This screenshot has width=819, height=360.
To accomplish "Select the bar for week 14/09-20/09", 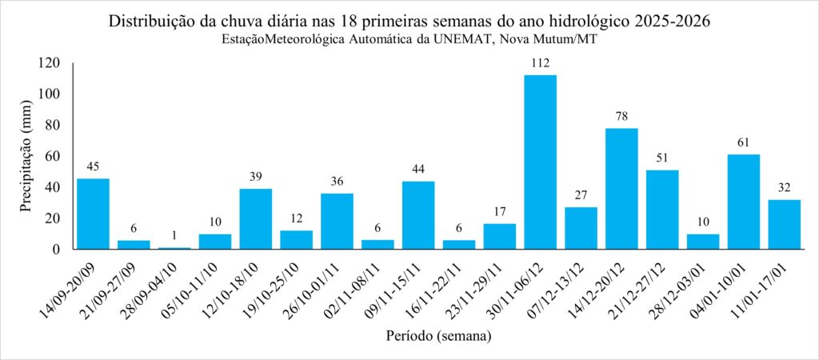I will (x=93, y=214).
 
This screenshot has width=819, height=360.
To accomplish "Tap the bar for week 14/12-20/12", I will (x=621, y=188).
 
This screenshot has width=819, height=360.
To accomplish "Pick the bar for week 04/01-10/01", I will (x=743, y=202).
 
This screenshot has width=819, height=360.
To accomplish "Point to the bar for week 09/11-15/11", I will (x=418, y=215).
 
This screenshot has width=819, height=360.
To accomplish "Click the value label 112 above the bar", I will (x=540, y=62).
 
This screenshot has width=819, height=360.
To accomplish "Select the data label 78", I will (x=621, y=116).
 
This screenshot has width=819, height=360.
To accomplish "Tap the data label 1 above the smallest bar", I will (x=174, y=236).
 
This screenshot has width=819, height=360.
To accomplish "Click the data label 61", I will (x=743, y=142).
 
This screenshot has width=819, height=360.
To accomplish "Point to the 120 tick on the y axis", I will (x=50, y=63).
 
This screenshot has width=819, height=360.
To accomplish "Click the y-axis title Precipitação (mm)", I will (x=26, y=156).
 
